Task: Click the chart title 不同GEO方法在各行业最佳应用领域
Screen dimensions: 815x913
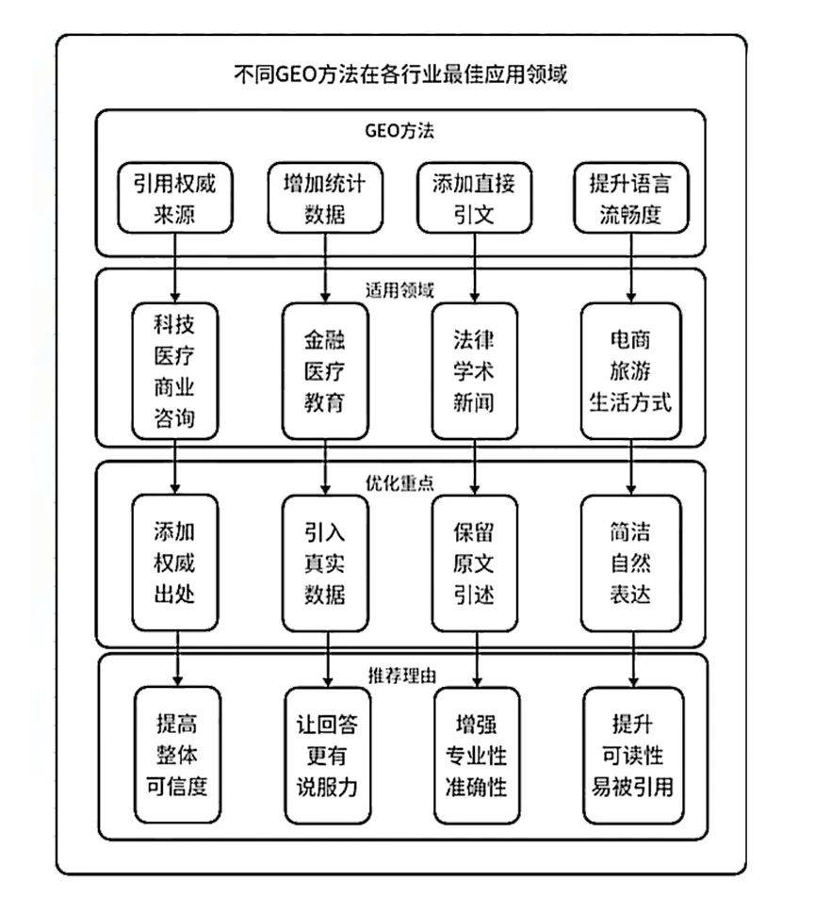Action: coord(399,73)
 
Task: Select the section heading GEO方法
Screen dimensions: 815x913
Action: coord(399,130)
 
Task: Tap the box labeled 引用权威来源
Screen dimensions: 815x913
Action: coord(174,198)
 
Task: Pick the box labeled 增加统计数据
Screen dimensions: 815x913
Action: coord(325,198)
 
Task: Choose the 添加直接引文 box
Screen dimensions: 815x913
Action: coord(475,198)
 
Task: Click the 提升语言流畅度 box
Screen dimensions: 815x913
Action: coord(631,198)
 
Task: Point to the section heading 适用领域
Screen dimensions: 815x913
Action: coord(399,289)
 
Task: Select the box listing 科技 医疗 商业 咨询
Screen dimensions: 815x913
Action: coord(174,371)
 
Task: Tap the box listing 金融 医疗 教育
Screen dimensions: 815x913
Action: coord(325,371)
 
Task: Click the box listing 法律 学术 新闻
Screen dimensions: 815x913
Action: coord(475,371)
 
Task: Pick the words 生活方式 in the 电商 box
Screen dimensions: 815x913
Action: coord(630,402)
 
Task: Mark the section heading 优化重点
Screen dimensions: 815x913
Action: coord(399,482)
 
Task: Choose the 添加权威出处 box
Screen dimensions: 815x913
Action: coord(174,563)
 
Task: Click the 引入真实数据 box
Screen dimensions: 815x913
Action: coord(325,563)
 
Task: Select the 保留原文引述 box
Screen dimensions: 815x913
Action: coord(475,563)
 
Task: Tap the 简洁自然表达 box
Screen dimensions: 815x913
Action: coord(631,563)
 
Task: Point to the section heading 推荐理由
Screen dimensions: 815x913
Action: coord(401,675)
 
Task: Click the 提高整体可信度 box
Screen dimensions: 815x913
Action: coord(177,756)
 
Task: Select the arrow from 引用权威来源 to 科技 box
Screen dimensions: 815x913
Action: coord(174,268)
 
